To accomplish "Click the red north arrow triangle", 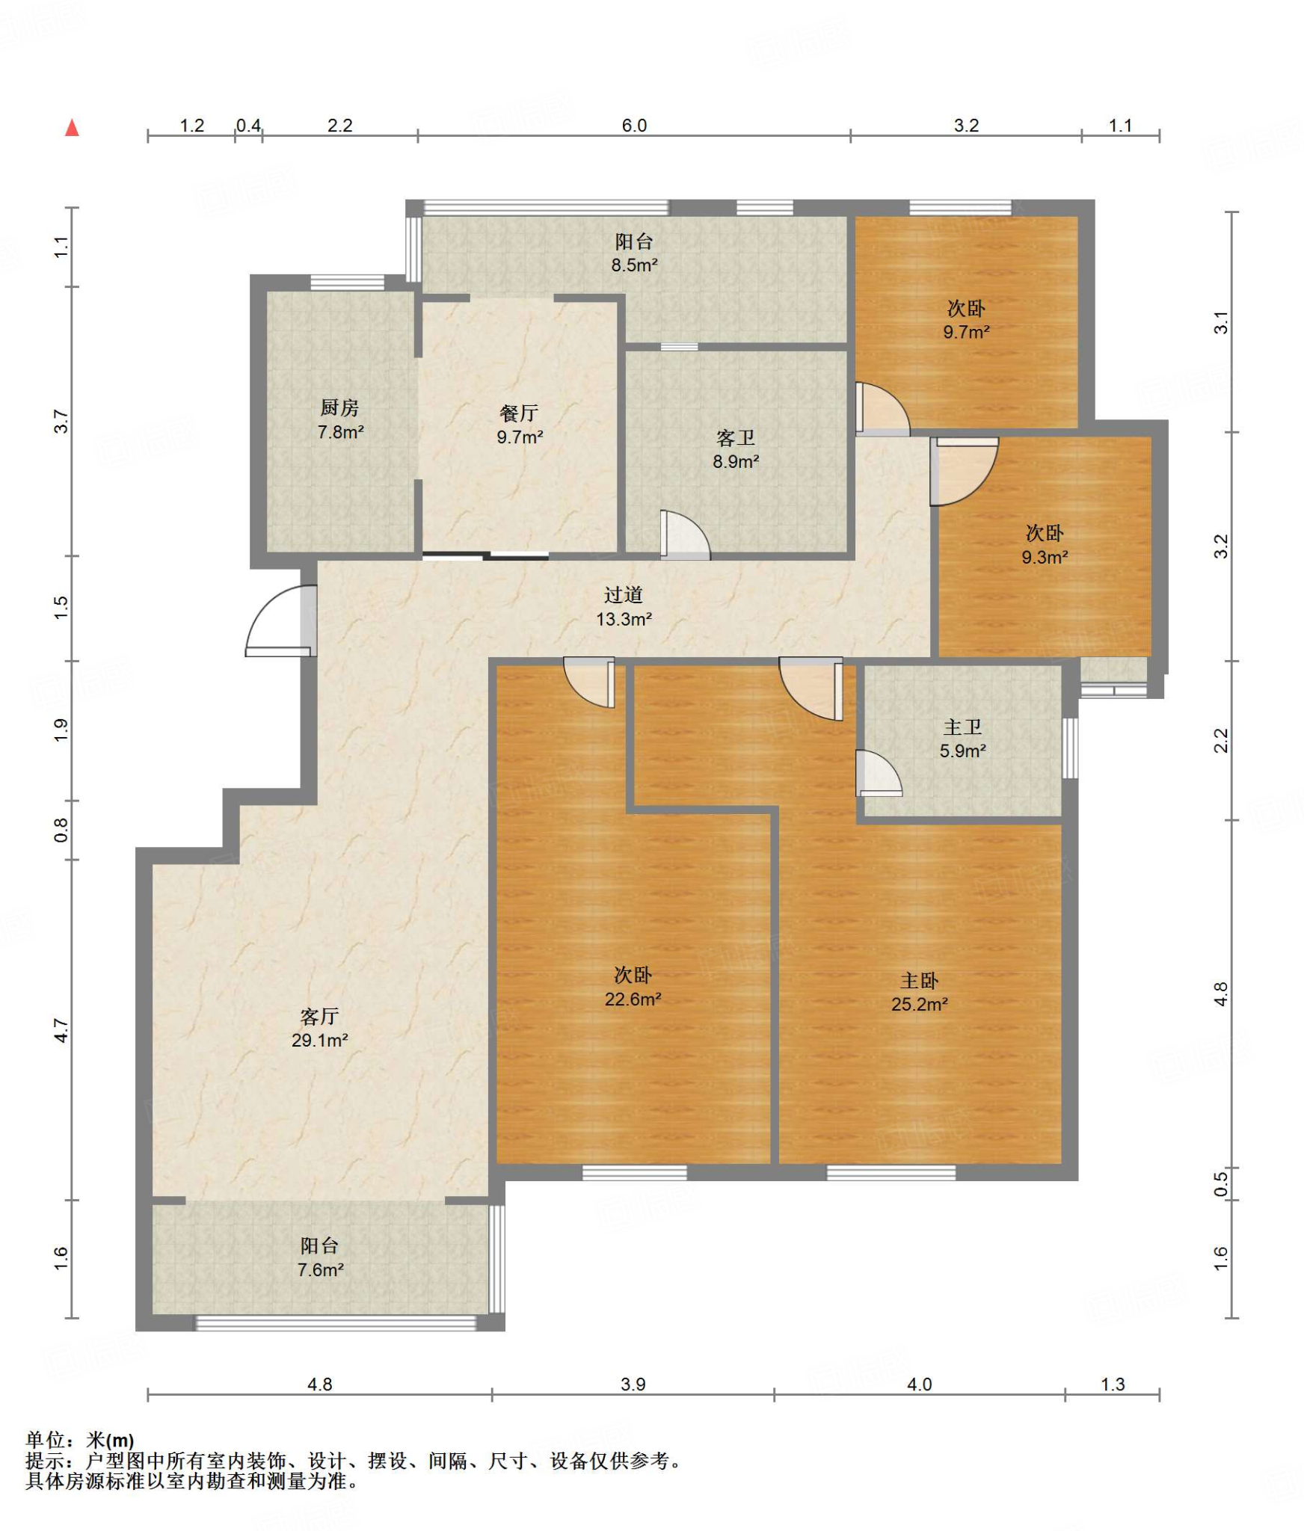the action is [72, 128].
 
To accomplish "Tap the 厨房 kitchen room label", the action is [339, 407].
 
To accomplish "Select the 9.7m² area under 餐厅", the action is [520, 437].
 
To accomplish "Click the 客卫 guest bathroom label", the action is [736, 437].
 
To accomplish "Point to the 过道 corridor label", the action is [624, 594].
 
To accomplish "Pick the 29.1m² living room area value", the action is [320, 1040].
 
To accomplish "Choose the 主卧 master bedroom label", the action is [919, 980].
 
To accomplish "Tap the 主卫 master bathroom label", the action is [962, 727].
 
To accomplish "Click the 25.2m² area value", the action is [920, 1004].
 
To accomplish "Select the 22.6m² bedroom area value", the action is [633, 999].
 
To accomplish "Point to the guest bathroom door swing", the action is [685, 535].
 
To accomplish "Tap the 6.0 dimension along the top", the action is [634, 125].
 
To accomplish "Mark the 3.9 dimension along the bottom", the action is [633, 1384].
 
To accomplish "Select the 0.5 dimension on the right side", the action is [1220, 1183].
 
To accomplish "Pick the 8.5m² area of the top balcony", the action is [635, 265].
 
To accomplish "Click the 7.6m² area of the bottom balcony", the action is [321, 1269].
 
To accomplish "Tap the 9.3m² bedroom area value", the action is [1045, 557].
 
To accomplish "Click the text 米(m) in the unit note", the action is [110, 1440].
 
